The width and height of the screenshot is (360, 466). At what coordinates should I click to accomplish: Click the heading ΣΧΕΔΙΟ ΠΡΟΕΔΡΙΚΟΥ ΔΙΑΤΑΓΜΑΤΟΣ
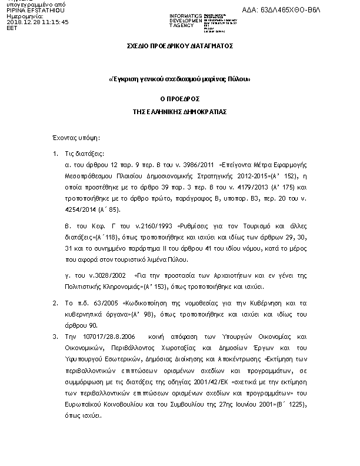181,45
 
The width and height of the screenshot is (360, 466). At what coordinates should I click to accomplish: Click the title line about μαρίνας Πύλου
181,78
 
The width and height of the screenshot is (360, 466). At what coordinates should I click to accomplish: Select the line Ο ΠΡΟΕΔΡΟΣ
181,101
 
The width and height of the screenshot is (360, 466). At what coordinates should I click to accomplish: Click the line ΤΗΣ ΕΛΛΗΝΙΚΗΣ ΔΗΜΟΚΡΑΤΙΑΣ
181,111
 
